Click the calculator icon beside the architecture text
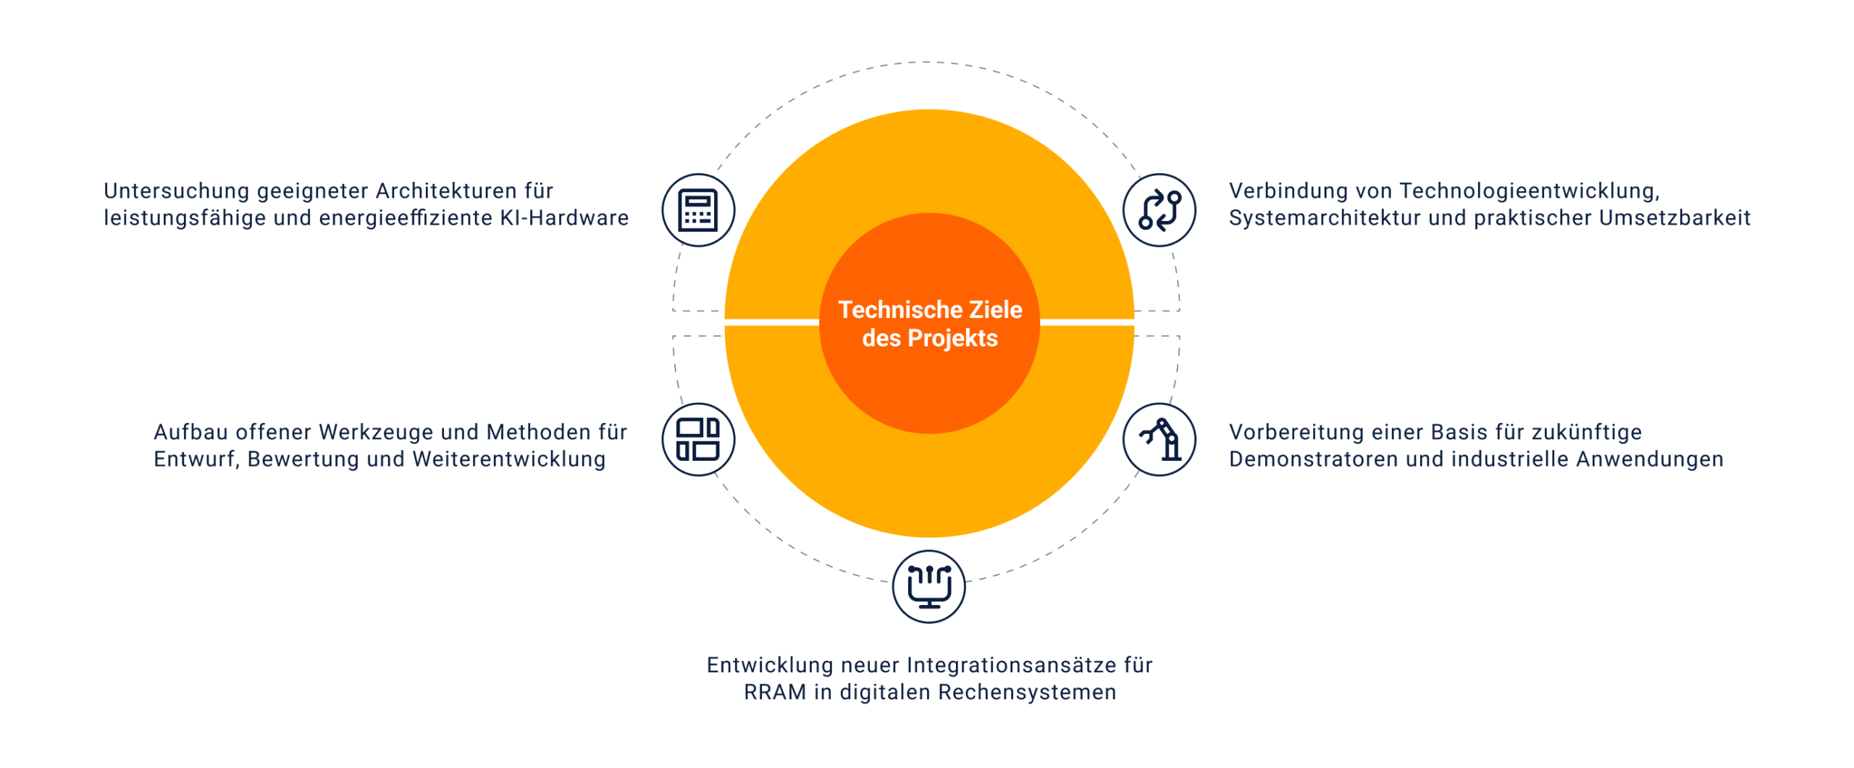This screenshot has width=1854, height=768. [697, 210]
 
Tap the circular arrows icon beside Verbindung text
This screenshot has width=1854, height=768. [1159, 210]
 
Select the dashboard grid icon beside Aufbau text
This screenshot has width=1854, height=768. [697, 439]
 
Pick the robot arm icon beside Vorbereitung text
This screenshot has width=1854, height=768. [1159, 439]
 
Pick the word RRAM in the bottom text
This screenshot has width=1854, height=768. [775, 693]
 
